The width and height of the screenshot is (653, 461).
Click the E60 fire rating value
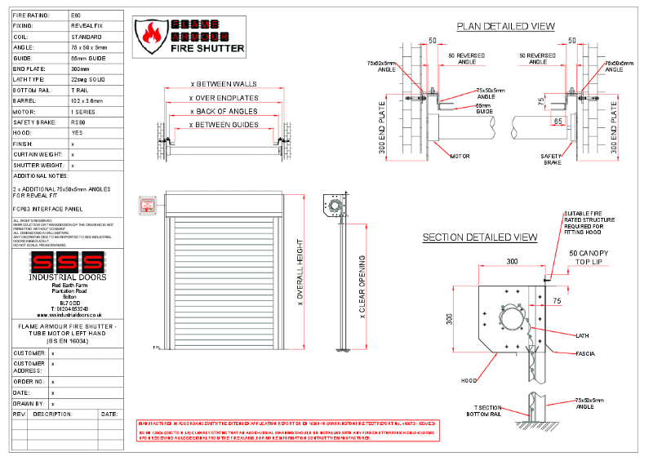tap(76, 16)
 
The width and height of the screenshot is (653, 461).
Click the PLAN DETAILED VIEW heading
tap(505, 26)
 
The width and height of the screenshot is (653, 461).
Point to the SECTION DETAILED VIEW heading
tap(479, 237)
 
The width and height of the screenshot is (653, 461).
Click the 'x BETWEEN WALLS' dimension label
tap(223, 84)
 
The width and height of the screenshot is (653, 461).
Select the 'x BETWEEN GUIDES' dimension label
tap(223, 125)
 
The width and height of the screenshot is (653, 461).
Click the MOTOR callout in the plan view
tap(460, 156)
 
